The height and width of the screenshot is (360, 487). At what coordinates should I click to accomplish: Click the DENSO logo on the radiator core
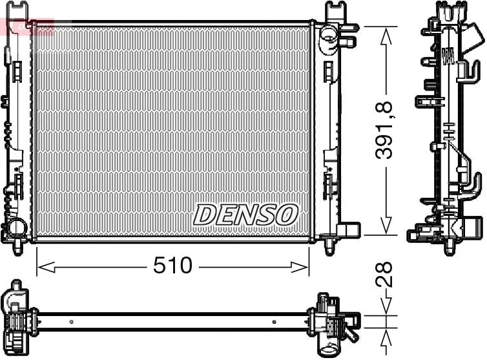coord(245,215)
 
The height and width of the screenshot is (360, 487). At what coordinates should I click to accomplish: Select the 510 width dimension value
coord(172,265)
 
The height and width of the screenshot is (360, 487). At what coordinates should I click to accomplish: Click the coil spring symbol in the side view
coord(446,56)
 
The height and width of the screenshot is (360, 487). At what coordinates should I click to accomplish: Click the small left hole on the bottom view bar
coord(72,321)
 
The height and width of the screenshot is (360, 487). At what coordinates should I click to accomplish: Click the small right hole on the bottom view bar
coord(274,321)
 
